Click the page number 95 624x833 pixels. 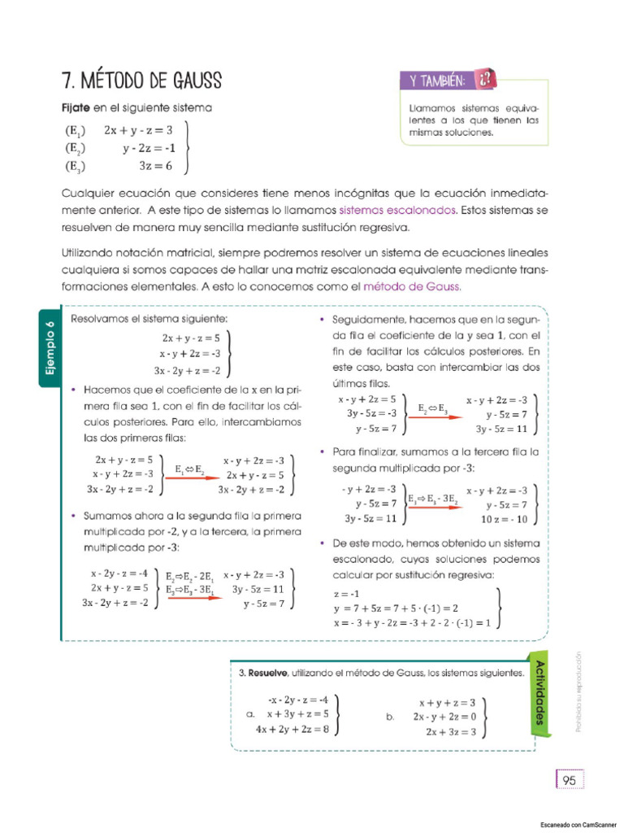click(569, 780)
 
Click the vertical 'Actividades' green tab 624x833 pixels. click(540, 692)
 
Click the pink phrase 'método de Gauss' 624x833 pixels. click(412, 286)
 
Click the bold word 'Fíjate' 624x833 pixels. click(76, 107)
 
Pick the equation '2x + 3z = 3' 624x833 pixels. click(450, 731)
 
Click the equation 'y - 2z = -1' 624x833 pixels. click(149, 148)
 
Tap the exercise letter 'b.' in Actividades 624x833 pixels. click(391, 717)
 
